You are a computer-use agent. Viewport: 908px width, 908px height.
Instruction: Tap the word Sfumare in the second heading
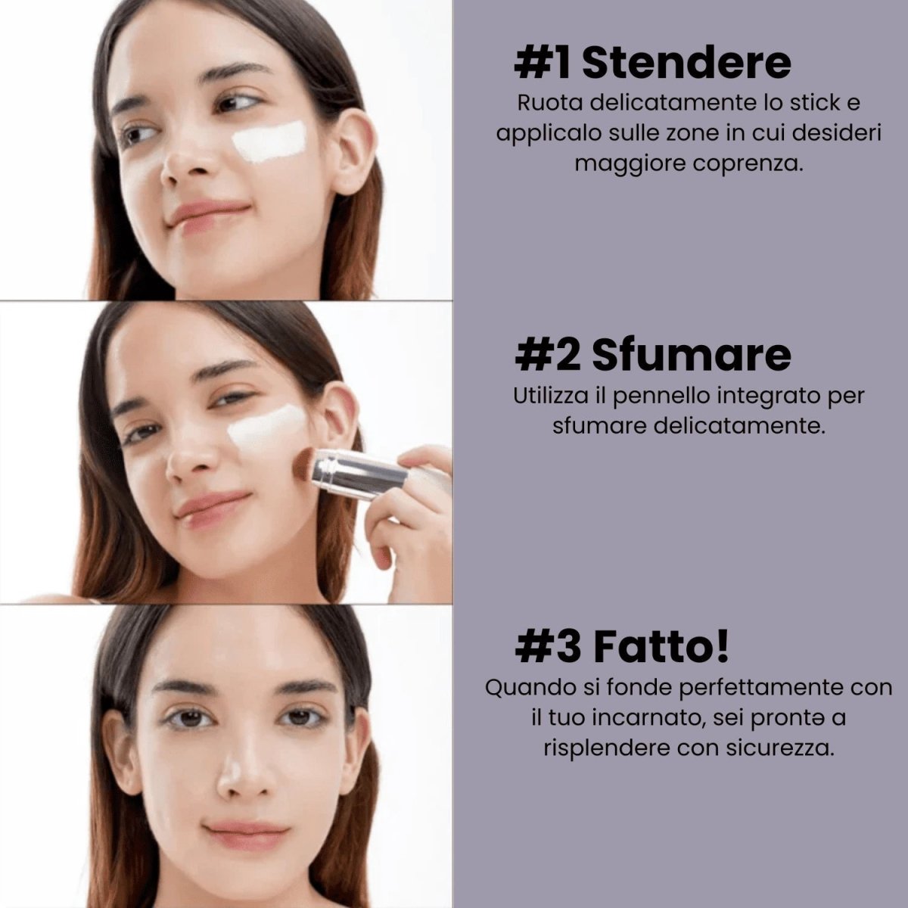[691, 356]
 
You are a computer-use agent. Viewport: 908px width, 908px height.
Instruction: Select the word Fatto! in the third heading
[661, 647]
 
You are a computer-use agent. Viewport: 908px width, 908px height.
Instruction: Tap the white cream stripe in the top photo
[269, 141]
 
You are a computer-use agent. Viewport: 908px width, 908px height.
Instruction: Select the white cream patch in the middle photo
[266, 428]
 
